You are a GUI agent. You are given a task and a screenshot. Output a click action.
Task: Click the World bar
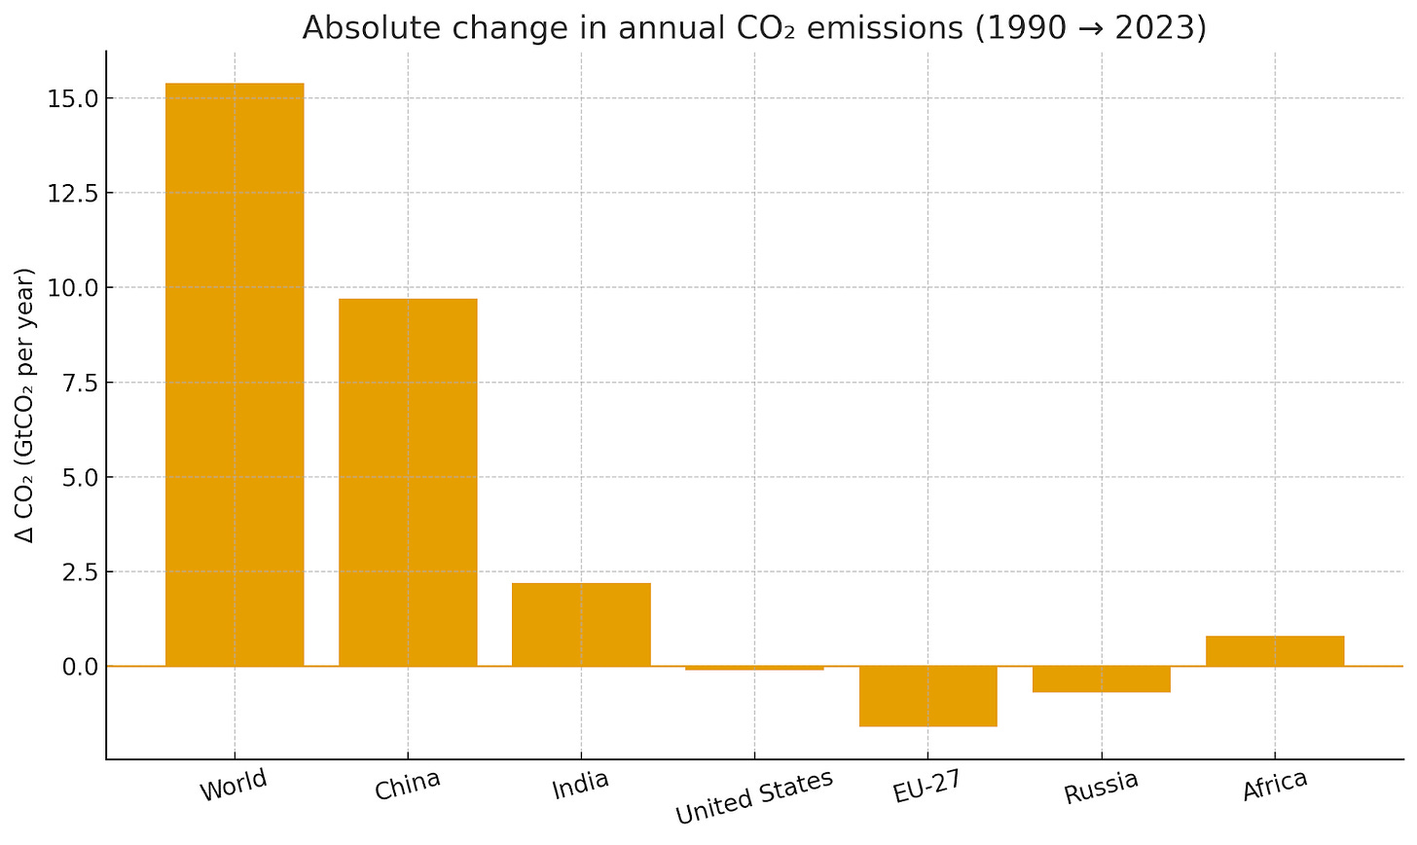(235, 375)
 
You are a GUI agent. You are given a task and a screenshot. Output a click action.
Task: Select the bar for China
(408, 482)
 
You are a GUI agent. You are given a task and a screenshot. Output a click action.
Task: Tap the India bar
(581, 624)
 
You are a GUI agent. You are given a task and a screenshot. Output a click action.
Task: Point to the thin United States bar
(754, 669)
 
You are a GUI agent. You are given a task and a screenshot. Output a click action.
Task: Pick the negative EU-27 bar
(927, 696)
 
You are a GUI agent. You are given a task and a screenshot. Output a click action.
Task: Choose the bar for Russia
(1101, 680)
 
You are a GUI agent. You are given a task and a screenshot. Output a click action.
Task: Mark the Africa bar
(1274, 650)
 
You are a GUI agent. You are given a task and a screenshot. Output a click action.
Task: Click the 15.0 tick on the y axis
(68, 98)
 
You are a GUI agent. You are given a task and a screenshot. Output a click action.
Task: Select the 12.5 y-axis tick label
(68, 193)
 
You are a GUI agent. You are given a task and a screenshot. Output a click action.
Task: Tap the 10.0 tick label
(68, 287)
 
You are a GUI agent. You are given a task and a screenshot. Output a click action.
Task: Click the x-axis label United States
(754, 796)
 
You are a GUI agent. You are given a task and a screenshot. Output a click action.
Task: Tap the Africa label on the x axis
(1275, 786)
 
